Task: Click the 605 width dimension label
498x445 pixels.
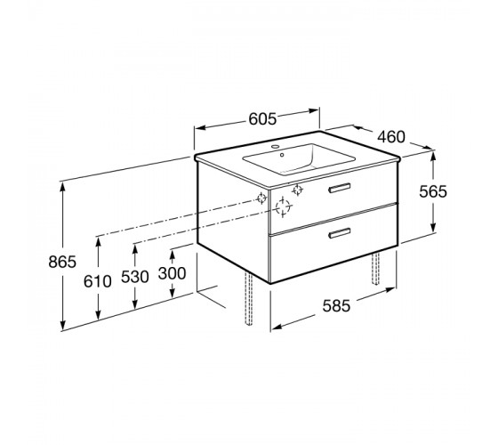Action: (x=262, y=119)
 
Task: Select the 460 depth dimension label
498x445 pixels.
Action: (x=391, y=137)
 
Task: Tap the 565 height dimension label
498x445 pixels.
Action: (x=433, y=191)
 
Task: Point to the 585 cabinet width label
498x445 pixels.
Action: (x=337, y=306)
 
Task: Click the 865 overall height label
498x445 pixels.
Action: (x=62, y=262)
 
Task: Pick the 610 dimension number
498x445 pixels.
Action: (x=98, y=281)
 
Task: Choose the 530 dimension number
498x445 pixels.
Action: (x=135, y=277)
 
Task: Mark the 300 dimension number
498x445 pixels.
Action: (x=173, y=273)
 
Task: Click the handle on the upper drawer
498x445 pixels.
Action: (x=340, y=188)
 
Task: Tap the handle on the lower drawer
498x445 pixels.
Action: (x=340, y=233)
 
